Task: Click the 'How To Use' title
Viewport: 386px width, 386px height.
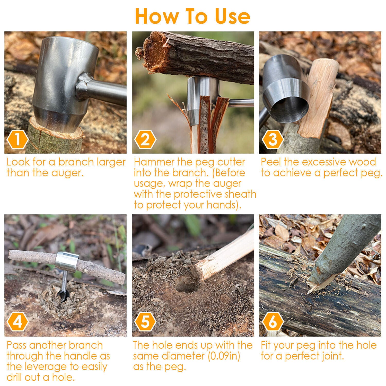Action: [x=192, y=16]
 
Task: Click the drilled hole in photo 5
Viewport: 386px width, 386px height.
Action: [x=187, y=285]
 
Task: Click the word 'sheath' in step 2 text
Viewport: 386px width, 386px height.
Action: [x=241, y=194]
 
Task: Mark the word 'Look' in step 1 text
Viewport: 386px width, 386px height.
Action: [x=17, y=162]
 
